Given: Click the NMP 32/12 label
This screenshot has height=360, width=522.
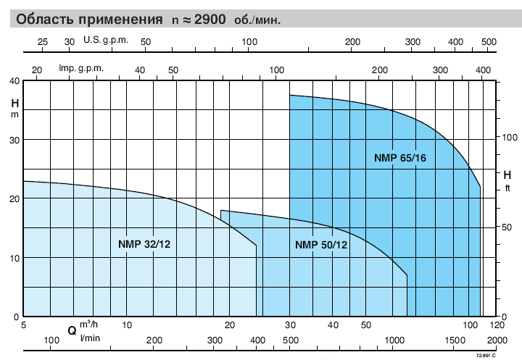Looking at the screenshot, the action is tap(144, 244).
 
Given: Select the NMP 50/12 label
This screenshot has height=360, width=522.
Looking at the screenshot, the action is tap(321, 245).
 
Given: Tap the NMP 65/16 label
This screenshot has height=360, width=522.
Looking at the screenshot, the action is tap(399, 158).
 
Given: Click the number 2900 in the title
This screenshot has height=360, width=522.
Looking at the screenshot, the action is tap(210, 20).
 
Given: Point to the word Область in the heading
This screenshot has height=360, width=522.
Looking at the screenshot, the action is tap(46, 20).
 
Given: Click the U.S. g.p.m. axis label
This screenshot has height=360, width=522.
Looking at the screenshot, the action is tap(106, 40).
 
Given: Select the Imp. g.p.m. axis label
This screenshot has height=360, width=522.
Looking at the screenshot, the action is tap(81, 68).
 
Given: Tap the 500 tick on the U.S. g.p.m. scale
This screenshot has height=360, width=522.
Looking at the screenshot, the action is tap(489, 42).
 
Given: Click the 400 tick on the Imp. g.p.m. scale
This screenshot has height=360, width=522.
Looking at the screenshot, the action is tap(483, 70).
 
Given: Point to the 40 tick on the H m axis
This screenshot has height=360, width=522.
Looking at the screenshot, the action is tap(14, 81).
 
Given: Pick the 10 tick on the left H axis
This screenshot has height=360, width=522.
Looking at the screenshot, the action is tap(14, 258).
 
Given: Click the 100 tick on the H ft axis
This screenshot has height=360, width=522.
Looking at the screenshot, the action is tap(510, 137).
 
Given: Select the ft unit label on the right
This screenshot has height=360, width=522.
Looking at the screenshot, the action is tap(507, 188).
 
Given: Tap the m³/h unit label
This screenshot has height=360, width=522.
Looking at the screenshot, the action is tap(88, 324).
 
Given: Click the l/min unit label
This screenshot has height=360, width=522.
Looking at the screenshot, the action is tap(90, 338).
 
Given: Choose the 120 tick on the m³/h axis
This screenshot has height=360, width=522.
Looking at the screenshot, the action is tap(497, 325).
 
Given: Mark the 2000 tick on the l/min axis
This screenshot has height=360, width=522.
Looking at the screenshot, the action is tap(497, 340).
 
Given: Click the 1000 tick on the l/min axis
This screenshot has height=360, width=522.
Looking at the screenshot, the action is tap(394, 340).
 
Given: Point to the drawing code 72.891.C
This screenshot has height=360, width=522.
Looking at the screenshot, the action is tap(486, 356).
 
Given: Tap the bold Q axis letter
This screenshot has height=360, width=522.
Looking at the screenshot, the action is tap(72, 331).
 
